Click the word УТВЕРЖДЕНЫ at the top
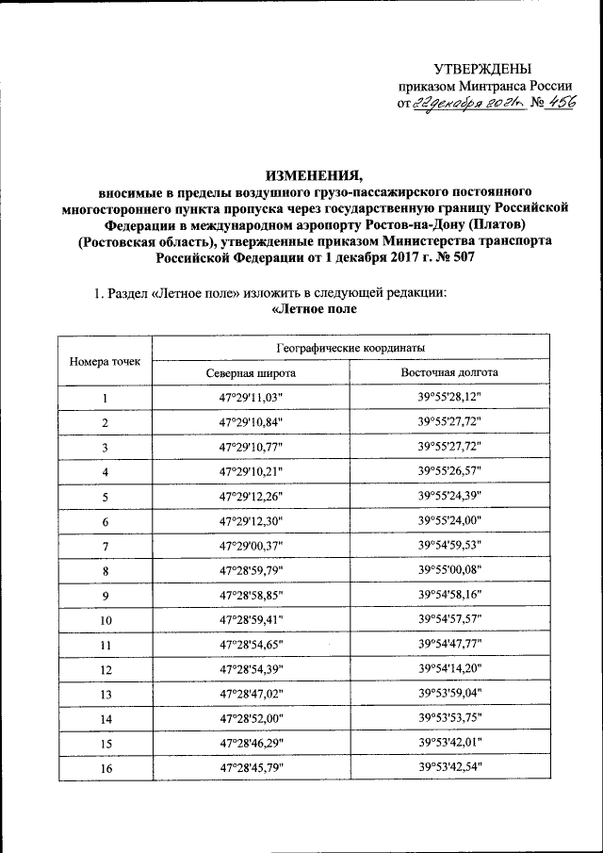[481, 69]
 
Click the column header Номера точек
[105, 361]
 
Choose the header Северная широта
[251, 373]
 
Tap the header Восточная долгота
[449, 373]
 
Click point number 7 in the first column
[106, 547]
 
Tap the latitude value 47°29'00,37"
[251, 547]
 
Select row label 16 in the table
[106, 768]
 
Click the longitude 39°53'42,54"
[449, 768]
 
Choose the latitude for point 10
[251, 620]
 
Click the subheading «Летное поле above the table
[315, 310]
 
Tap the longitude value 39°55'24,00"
[449, 521]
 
